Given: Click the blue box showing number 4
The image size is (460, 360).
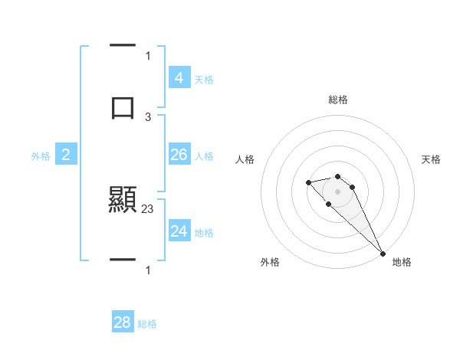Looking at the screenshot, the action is [179, 78].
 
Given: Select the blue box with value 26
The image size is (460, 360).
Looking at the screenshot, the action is [179, 155].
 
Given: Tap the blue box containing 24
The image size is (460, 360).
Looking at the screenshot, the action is [179, 231].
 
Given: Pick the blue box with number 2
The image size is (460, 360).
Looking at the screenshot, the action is [65, 155].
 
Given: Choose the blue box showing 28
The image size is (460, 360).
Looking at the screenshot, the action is [123, 322].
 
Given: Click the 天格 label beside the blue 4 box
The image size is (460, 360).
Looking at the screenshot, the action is [204, 80].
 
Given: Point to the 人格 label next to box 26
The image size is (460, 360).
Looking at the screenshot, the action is [204, 156].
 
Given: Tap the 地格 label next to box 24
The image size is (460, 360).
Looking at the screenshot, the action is [204, 233].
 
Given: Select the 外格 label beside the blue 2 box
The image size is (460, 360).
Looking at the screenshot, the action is [41, 156].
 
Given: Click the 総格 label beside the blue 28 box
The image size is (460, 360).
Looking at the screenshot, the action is [147, 324].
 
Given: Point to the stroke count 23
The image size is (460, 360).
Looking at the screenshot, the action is [148, 207].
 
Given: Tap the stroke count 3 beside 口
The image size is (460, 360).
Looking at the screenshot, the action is [148, 116].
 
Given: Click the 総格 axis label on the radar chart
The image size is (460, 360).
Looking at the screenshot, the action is [338, 100].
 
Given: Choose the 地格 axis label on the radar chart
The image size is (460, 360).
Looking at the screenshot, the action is [402, 262].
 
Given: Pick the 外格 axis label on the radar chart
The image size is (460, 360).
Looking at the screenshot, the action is [270, 262].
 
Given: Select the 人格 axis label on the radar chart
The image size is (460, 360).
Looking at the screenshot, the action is [245, 159].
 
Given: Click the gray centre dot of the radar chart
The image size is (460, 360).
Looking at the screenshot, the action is [337, 191].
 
